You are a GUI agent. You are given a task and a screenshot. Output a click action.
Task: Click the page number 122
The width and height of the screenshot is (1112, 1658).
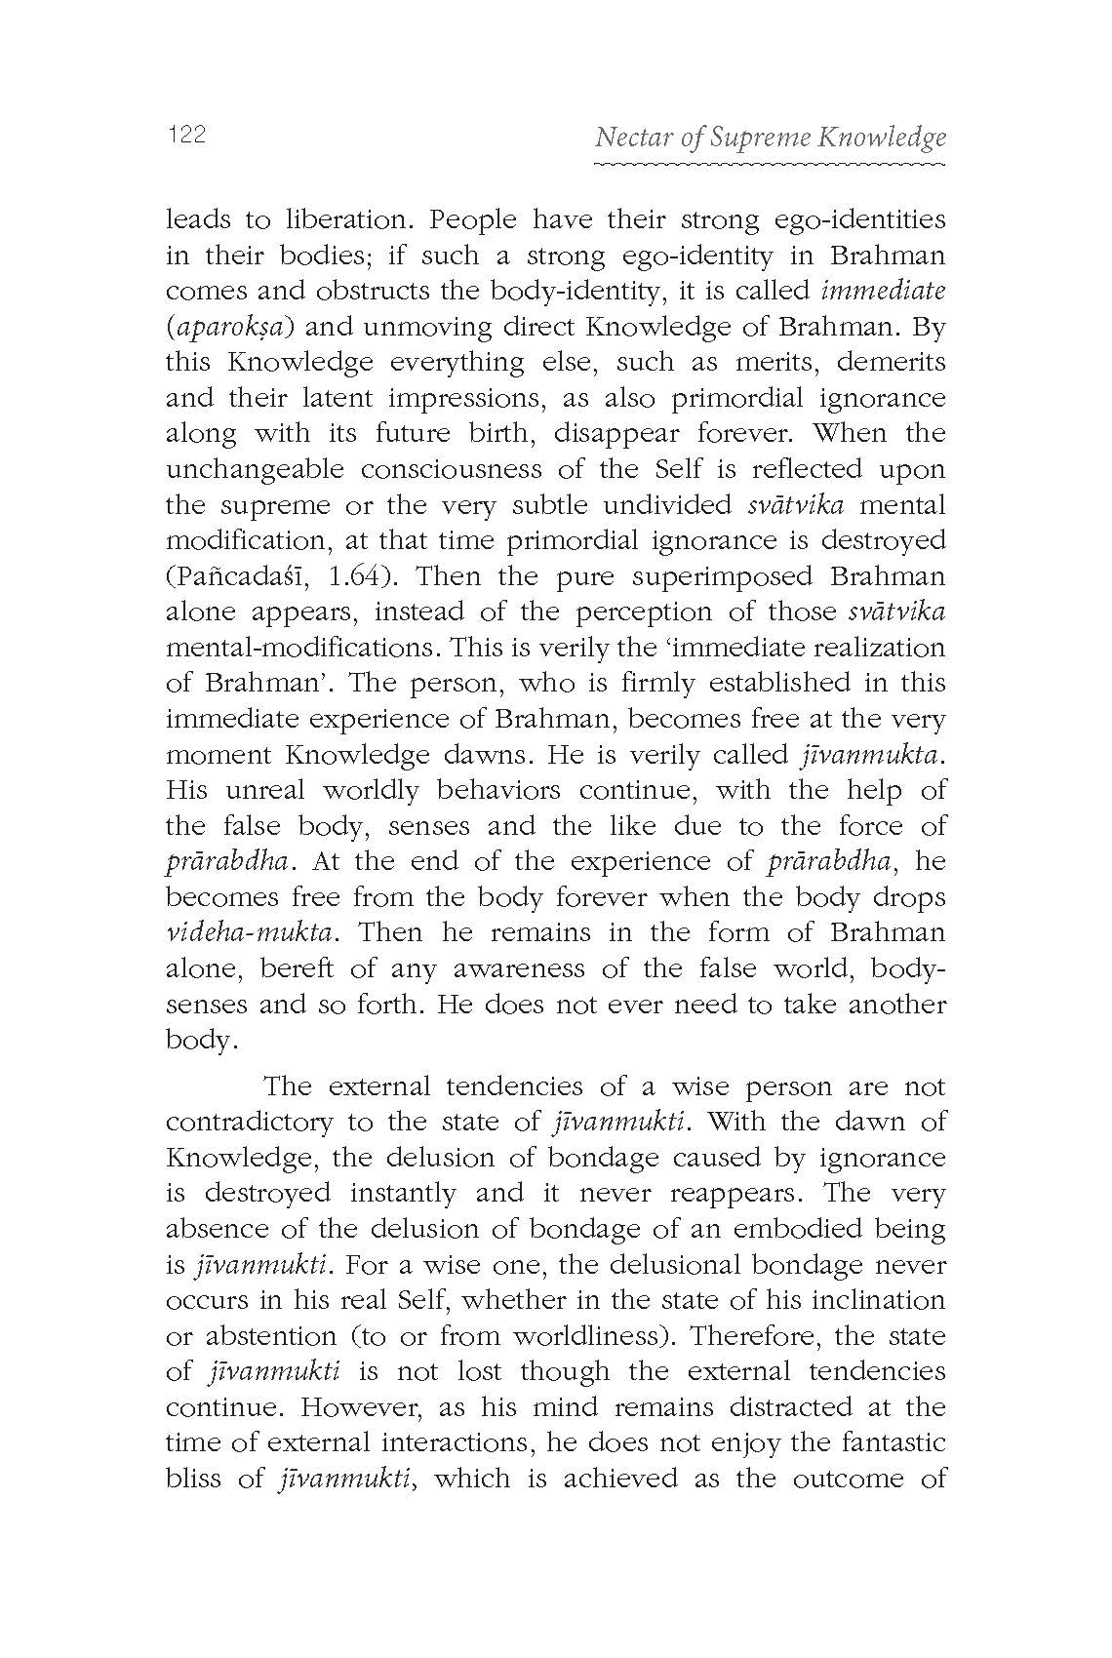(x=186, y=136)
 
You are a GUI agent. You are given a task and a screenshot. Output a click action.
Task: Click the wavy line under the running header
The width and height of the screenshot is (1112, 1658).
(x=770, y=166)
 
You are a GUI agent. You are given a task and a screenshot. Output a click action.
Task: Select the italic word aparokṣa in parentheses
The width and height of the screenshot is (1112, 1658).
(x=230, y=327)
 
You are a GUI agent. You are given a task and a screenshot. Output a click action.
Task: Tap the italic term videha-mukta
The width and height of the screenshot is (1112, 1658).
(x=253, y=932)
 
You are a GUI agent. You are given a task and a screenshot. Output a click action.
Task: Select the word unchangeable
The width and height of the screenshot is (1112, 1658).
(x=255, y=469)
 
